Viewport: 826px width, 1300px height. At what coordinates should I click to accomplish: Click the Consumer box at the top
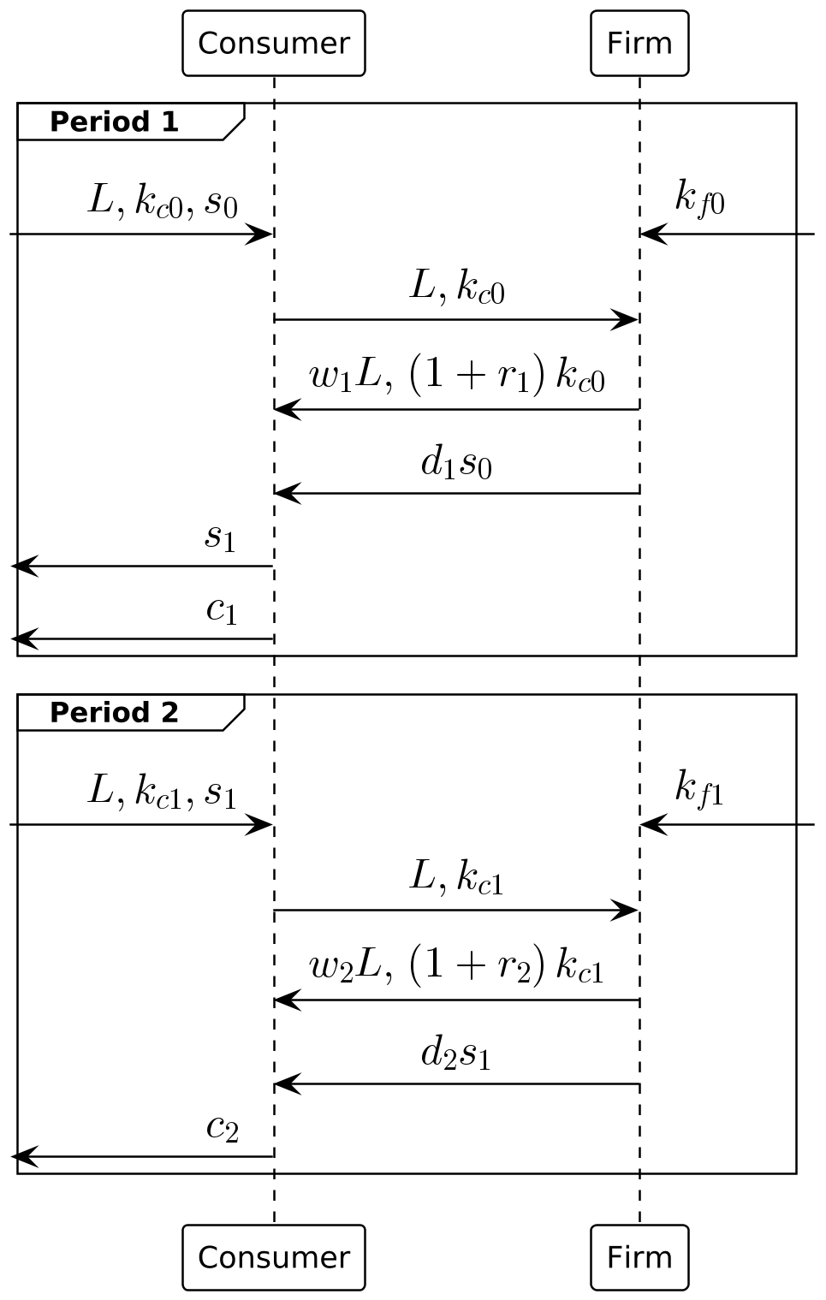pyautogui.click(x=274, y=44)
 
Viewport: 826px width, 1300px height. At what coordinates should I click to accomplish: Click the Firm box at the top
pyautogui.click(x=639, y=44)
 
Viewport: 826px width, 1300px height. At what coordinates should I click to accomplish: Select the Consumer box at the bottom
pyautogui.click(x=274, y=1257)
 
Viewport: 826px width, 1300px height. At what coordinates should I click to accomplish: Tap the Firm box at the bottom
pyautogui.click(x=639, y=1257)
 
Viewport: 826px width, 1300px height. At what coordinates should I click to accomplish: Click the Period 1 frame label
pyautogui.click(x=115, y=122)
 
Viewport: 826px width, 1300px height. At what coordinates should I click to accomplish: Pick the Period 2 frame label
pyautogui.click(x=115, y=712)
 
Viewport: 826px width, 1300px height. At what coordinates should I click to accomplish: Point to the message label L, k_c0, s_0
pyautogui.click(x=163, y=202)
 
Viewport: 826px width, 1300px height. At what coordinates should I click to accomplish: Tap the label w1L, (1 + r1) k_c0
pyautogui.click(x=456, y=377)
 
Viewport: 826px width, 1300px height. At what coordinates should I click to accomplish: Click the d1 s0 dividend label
pyautogui.click(x=456, y=463)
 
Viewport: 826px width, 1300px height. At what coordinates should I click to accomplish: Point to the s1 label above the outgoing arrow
pyautogui.click(x=220, y=537)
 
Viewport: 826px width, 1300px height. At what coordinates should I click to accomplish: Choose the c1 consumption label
pyautogui.click(x=222, y=609)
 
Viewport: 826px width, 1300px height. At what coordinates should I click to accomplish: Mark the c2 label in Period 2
pyautogui.click(x=222, y=1128)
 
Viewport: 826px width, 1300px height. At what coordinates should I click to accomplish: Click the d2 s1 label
pyautogui.click(x=456, y=1054)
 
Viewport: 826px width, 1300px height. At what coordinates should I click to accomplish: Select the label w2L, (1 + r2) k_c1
pyautogui.click(x=456, y=967)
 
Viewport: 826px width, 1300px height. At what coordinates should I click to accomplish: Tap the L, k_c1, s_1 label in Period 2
pyautogui.click(x=163, y=792)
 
